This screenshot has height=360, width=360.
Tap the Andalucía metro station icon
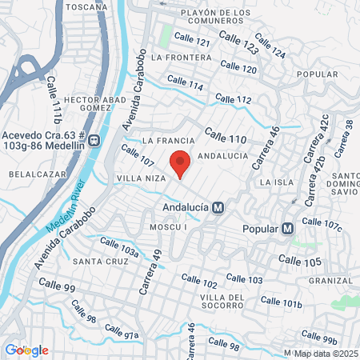tap(218, 207)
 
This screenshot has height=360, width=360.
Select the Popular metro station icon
tap(286, 228)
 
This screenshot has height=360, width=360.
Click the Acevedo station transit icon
tap(94, 139)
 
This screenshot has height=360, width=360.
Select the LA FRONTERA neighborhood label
tap(179, 58)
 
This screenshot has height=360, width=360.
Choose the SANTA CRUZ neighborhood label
tap(97, 262)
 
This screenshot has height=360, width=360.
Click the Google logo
tap(26, 350)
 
